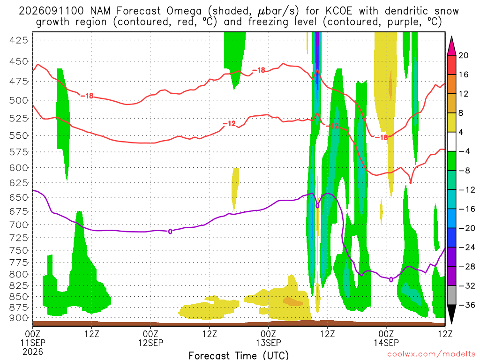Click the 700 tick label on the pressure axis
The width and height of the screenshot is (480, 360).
point(18,225)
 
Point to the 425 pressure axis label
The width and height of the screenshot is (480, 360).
point(18,40)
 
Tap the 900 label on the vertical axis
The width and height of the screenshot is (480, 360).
point(18,318)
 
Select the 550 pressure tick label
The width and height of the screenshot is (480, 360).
point(18,135)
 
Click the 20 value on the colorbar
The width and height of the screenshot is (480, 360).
point(463,55)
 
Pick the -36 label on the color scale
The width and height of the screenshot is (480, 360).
point(466,305)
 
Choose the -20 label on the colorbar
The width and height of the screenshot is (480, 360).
point(466,228)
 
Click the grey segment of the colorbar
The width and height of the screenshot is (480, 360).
point(451,295)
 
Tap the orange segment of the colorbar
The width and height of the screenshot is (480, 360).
point(451,84)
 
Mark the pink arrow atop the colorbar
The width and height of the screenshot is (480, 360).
point(451,46)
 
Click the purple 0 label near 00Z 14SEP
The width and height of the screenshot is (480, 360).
point(391,279)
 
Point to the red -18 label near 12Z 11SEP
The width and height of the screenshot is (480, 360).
point(87,96)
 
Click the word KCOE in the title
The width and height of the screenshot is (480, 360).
point(338,11)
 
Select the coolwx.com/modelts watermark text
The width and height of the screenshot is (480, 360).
point(431,354)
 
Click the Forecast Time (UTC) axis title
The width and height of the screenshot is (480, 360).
point(239,355)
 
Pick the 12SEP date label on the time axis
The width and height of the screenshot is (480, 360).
point(150,343)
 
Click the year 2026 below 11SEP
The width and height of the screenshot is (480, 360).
point(33,352)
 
